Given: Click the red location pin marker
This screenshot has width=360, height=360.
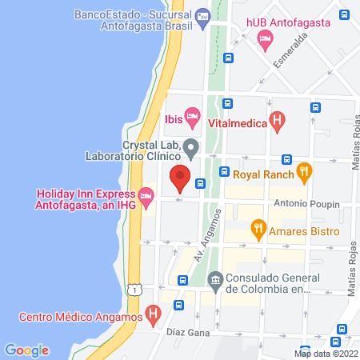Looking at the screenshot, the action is coord(180,177).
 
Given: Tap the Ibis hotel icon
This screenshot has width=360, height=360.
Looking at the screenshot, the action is coord(192,119).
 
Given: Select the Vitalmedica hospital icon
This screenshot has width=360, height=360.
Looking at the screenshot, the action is coord(278,122).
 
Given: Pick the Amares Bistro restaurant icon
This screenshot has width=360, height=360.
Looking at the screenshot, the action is coord(258,230).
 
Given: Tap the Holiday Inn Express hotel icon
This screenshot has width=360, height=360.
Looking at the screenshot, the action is coord(146,194).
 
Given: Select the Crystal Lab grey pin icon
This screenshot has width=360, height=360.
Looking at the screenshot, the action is coord(190,147).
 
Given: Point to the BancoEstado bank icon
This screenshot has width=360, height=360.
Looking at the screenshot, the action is coord(202,14).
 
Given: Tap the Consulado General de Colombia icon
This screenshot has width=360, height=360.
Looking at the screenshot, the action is coord(214,278).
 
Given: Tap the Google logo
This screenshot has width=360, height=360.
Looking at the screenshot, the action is coord(26,350).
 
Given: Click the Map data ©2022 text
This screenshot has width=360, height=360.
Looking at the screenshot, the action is coord(326,353).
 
